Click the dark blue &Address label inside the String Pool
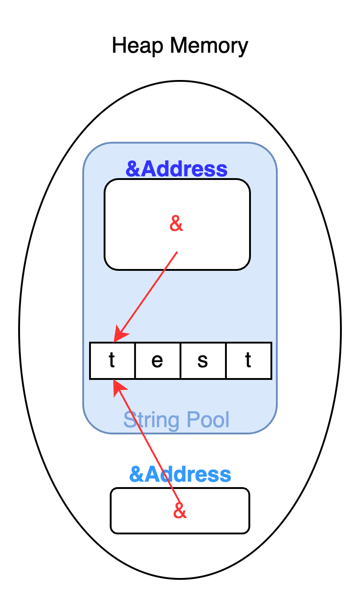(176, 169)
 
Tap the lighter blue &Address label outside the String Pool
(180, 474)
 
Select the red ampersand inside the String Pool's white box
(176, 224)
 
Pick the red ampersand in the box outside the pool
(180, 511)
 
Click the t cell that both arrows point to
(112, 360)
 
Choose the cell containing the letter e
(157, 360)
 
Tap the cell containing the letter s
(203, 360)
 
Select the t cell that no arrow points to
(248, 360)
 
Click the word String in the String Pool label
(145, 420)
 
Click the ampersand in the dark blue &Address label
(133, 169)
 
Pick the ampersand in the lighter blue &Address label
(136, 474)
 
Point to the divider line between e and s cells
(180, 360)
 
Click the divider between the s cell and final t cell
(226, 360)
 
